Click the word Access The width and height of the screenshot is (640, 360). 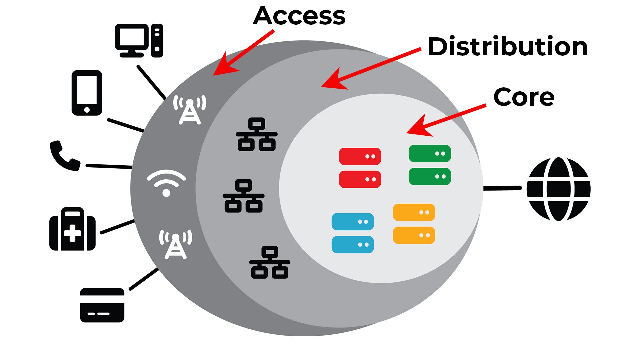point(299,16)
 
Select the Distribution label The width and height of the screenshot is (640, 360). point(507,47)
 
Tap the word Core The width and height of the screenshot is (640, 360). point(524,97)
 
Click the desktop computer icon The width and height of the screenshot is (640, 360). point(139,40)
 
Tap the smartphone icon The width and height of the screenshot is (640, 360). point(87,93)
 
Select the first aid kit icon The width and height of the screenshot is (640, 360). point(72,229)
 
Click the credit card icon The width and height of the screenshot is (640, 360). point(102,305)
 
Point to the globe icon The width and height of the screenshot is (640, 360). point(558,189)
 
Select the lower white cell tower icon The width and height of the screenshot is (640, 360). point(176,244)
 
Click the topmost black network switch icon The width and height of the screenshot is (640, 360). point(256,134)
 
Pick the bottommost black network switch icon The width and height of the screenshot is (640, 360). point(270,262)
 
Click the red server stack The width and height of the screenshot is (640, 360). point(360,168)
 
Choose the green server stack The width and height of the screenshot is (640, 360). point(430,165)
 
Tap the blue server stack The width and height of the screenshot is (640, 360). point(353,233)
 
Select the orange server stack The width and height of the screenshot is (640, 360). point(414,224)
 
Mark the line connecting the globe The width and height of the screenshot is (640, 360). point(502,188)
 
